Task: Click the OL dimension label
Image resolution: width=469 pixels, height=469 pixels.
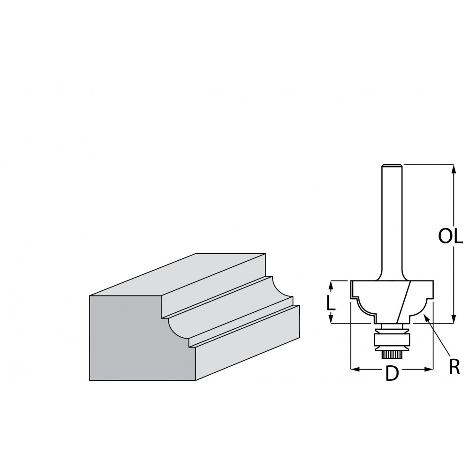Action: tap(451, 236)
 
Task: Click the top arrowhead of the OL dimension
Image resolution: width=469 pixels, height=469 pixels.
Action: tap(454, 169)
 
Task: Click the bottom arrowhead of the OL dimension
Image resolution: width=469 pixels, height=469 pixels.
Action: tap(454, 319)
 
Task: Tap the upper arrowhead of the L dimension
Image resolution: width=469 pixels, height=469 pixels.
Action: tap(331, 285)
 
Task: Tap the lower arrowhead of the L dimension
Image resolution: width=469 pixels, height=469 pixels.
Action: tap(331, 319)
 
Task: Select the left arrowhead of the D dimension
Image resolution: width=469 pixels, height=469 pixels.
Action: tap(355, 370)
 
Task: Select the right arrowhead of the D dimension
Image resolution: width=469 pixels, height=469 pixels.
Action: tap(429, 370)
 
